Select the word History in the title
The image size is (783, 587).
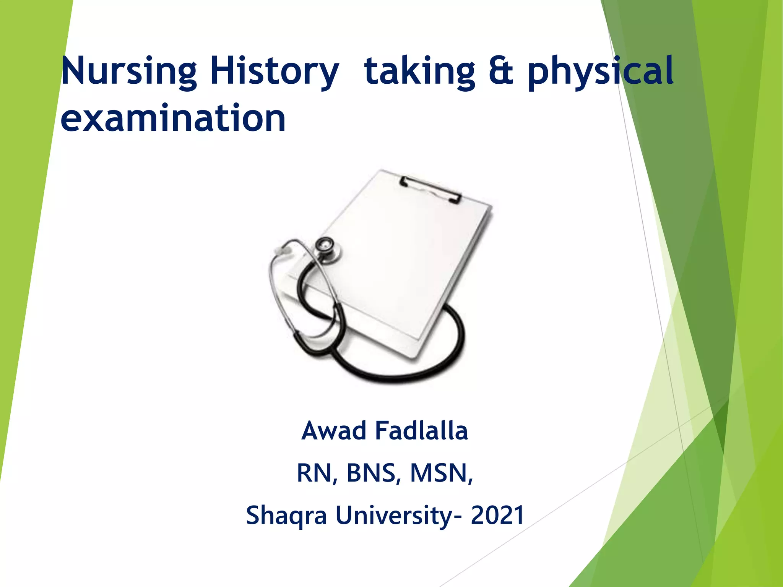[x=274, y=72]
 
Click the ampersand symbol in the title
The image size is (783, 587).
[x=501, y=71]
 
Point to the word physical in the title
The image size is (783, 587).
[x=600, y=72]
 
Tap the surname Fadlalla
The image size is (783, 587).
[x=421, y=431]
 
